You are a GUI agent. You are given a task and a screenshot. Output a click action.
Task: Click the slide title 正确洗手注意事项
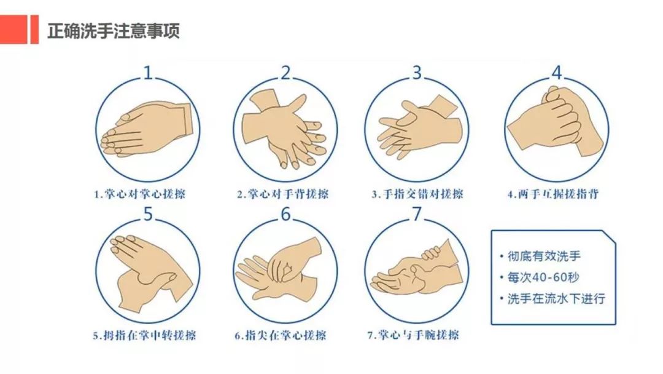[x=114, y=30]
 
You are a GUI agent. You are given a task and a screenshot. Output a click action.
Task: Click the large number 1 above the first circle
[x=149, y=73]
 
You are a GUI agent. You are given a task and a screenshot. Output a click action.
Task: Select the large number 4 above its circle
[x=556, y=73]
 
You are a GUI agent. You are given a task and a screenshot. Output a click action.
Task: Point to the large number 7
[x=417, y=215]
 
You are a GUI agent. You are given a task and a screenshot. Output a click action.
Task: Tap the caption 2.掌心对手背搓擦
[x=283, y=194]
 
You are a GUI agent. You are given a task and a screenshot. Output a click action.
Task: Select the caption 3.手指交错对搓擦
[x=417, y=194]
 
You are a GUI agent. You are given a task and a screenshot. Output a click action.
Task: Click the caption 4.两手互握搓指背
[x=552, y=194]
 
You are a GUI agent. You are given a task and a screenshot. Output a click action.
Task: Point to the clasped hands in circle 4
[x=556, y=123]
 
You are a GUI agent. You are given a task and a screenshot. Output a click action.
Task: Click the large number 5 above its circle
[x=149, y=215]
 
